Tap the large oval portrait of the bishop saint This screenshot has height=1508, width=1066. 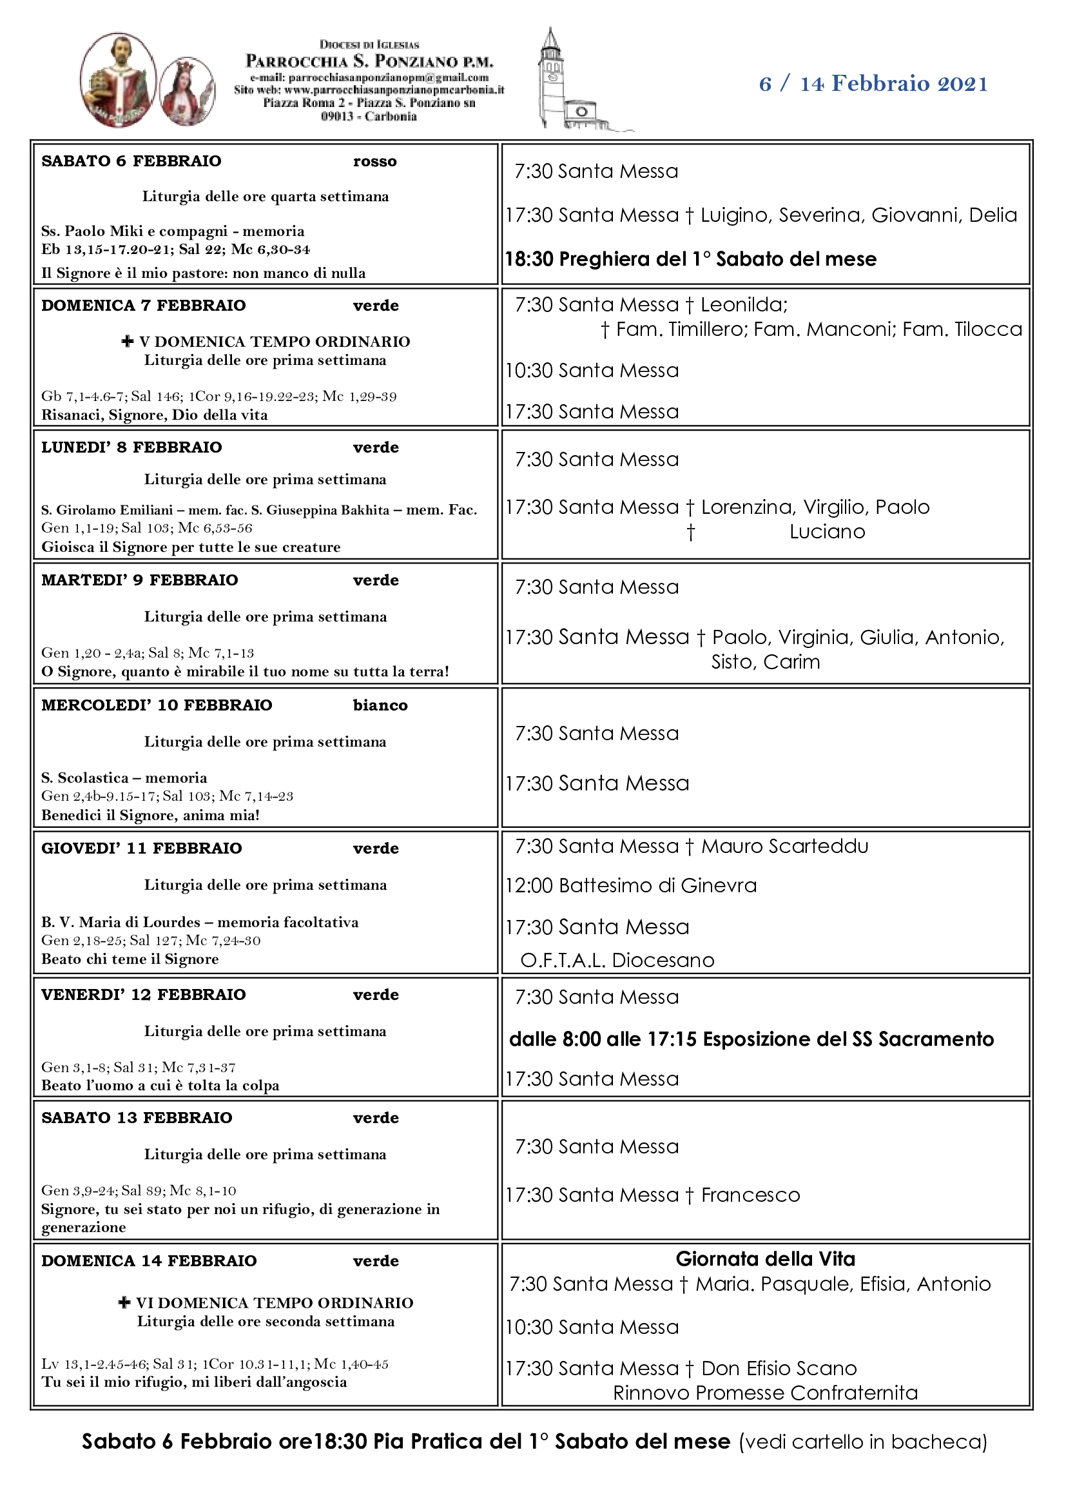tap(118, 79)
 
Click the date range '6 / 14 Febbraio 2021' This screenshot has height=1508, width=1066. tap(873, 84)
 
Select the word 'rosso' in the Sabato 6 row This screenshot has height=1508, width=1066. tap(375, 162)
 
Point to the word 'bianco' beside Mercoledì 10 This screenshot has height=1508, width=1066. tap(380, 705)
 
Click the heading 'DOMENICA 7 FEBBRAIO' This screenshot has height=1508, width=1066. tap(143, 306)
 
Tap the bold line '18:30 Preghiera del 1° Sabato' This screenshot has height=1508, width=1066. tap(690, 259)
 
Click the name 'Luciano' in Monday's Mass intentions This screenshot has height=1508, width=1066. tap(827, 532)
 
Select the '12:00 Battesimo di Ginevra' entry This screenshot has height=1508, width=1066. tap(631, 886)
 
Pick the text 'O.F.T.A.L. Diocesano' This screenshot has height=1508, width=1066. tap(617, 960)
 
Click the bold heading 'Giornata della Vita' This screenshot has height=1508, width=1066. tap(766, 1259)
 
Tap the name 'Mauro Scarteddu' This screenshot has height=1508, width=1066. tap(784, 847)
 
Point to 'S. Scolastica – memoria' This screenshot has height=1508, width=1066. tap(124, 778)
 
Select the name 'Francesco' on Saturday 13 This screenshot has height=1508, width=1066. tap(750, 1195)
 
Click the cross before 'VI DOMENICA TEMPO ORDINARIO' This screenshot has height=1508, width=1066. tap(124, 1302)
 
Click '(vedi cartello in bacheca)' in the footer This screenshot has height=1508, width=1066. tap(862, 1442)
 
